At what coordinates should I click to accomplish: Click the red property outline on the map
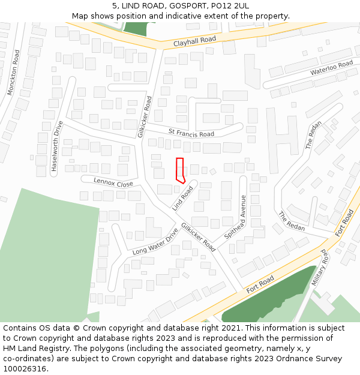click(179, 169)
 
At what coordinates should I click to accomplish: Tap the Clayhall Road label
click(194, 42)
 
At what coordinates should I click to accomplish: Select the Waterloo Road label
click(331, 68)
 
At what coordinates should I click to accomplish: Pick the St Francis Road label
click(191, 133)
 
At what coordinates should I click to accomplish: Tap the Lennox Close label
click(113, 182)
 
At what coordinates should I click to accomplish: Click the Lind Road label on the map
click(184, 198)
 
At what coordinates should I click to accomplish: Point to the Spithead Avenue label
click(235, 217)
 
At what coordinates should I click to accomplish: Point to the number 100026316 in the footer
click(25, 369)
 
